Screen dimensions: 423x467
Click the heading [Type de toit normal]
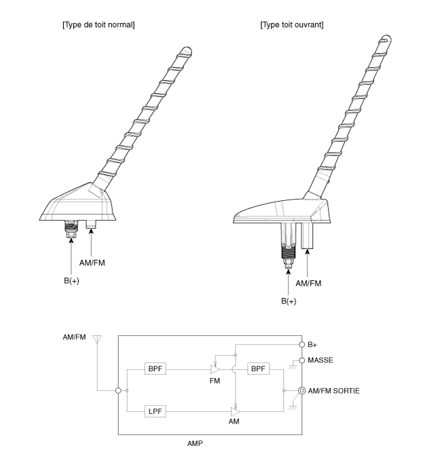[98, 24]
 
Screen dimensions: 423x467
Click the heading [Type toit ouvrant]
[292, 24]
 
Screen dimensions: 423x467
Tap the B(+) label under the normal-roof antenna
[71, 281]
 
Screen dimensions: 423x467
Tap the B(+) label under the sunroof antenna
[289, 301]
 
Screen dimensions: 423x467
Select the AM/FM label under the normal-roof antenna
[92, 263]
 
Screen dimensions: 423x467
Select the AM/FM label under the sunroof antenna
[308, 283]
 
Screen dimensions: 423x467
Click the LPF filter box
[155, 411]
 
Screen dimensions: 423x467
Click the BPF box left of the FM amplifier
[155, 369]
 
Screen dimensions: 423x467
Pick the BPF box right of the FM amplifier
[258, 369]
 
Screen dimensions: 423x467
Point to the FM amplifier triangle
[215, 369]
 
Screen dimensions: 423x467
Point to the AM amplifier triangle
[236, 411]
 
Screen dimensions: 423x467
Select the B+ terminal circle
[301, 345]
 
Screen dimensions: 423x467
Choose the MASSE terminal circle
[301, 360]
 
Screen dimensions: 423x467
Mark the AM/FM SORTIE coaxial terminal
[301, 390]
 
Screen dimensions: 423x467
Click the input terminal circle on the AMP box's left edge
[118, 390]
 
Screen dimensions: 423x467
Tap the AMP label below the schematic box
[195, 443]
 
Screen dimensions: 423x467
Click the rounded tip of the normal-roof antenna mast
[187, 51]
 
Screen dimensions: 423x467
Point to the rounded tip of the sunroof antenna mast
[386, 39]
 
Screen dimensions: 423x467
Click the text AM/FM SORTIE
[333, 391]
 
